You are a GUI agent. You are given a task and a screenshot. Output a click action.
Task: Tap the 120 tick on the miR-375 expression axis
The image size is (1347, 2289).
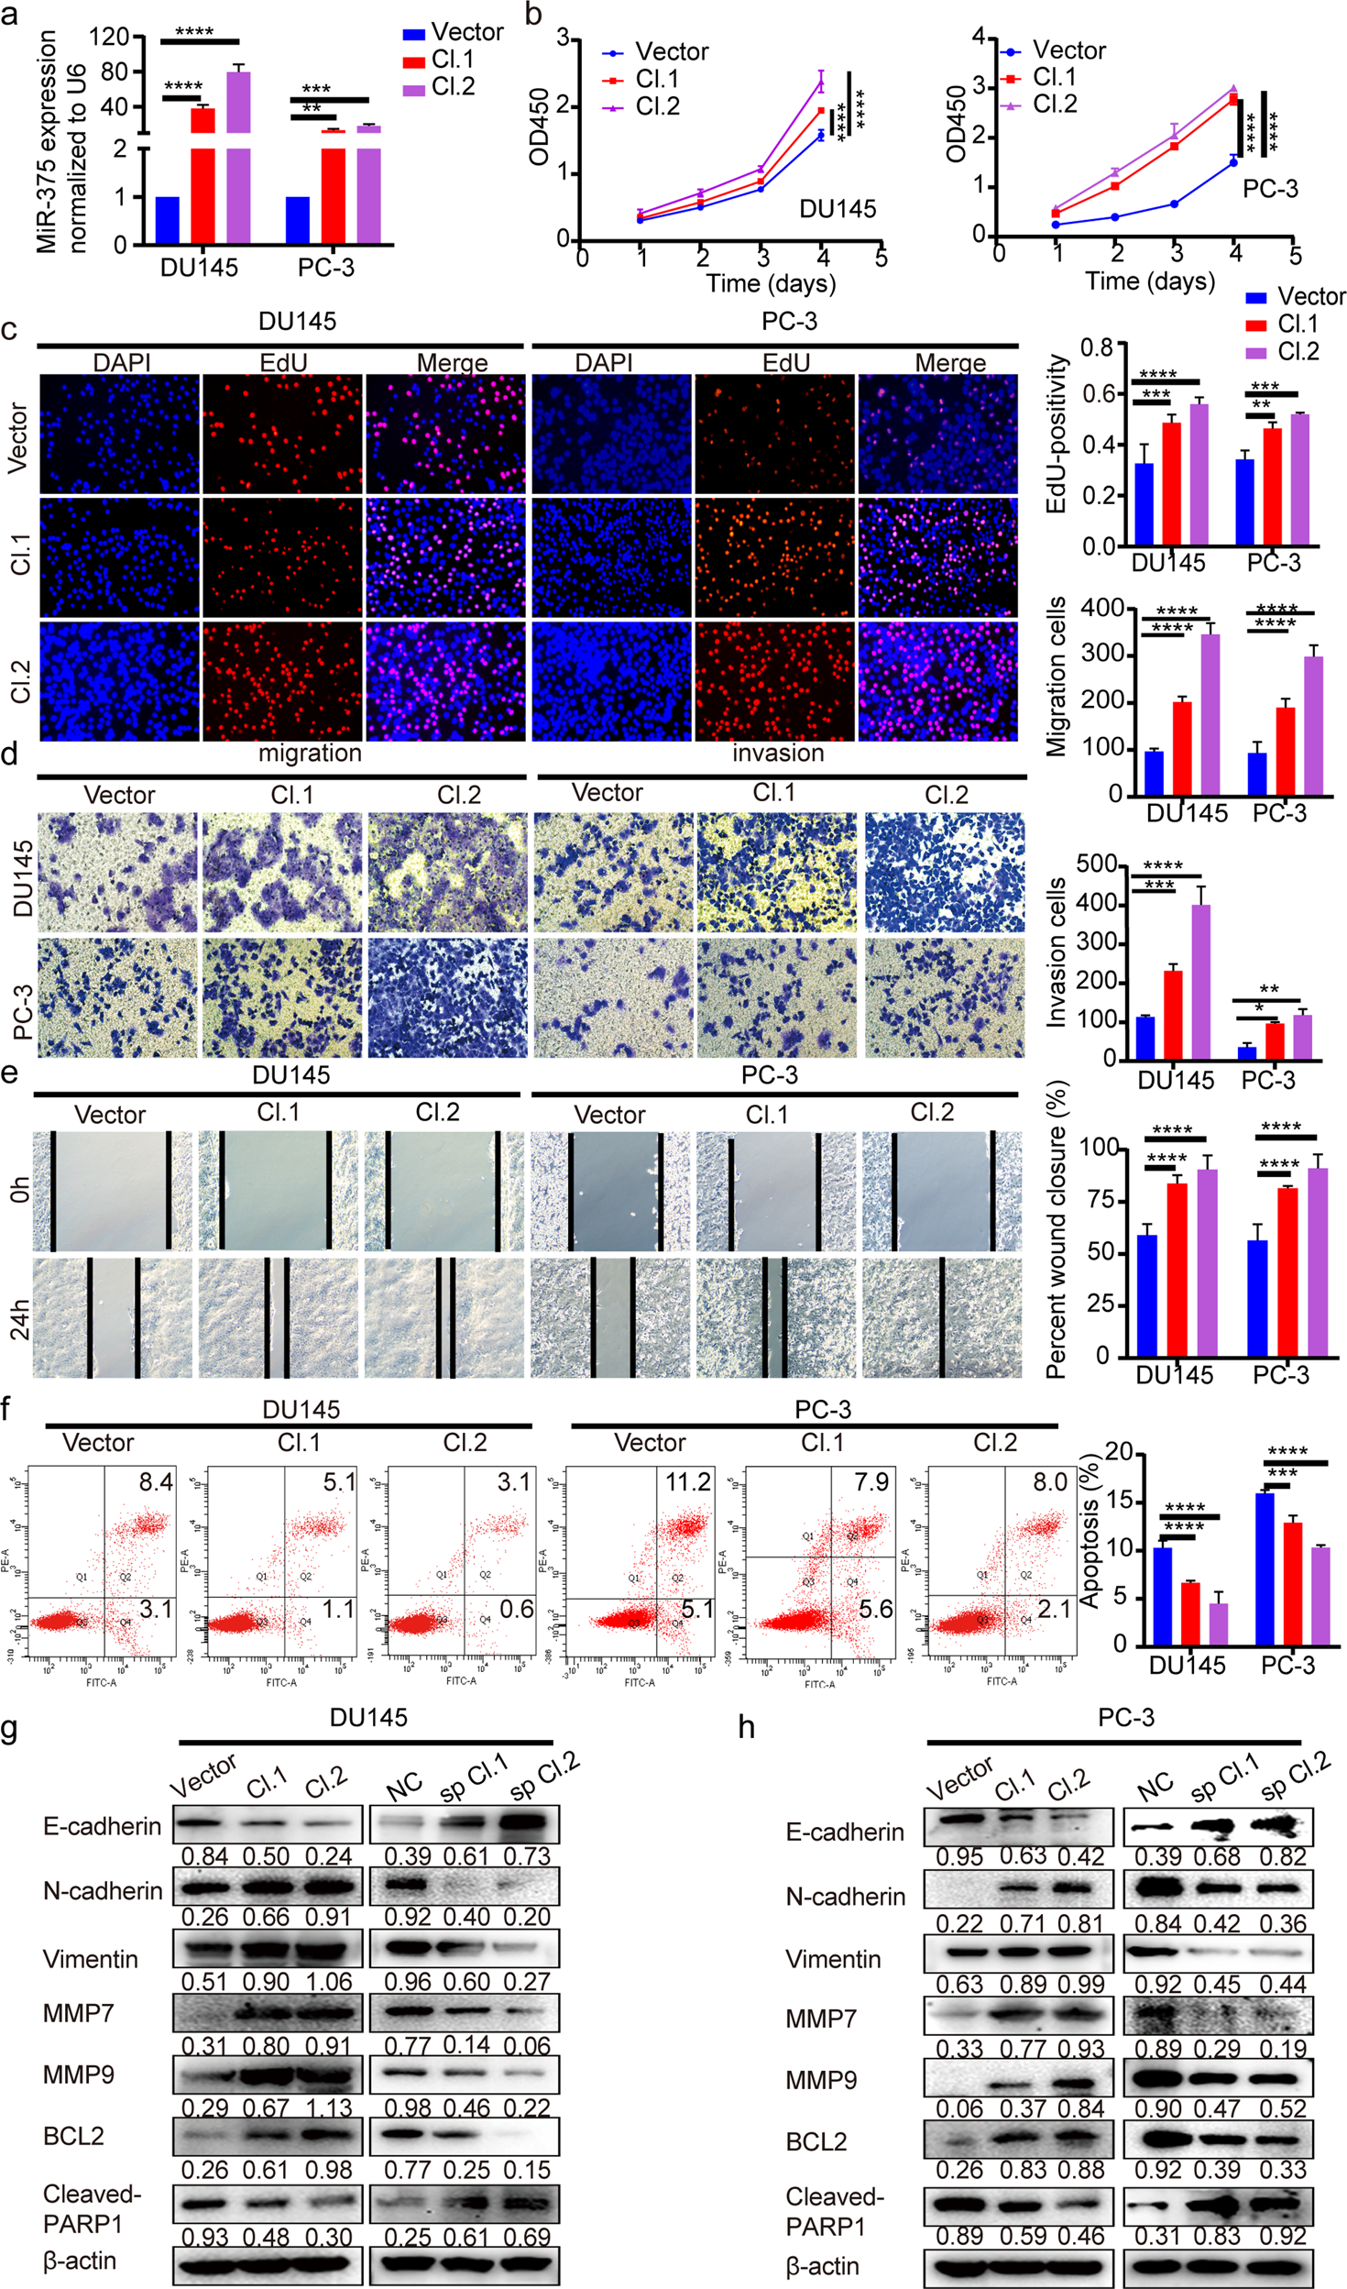click(109, 37)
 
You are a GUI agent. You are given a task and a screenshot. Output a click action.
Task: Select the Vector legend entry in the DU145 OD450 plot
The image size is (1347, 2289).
click(671, 52)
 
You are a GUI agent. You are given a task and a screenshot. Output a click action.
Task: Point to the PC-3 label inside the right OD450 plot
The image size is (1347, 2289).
click(1270, 189)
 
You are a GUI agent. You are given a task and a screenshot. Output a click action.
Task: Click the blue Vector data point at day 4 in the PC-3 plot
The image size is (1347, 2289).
click(1233, 162)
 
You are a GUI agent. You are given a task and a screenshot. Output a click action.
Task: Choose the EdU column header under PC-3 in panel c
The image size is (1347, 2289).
click(785, 363)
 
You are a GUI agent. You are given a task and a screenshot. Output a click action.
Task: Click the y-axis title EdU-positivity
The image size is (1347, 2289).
click(1057, 434)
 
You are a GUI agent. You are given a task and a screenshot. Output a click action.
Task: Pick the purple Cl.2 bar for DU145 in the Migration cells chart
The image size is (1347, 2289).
click(1210, 714)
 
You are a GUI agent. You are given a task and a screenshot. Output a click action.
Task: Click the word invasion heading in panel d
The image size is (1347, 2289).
click(778, 753)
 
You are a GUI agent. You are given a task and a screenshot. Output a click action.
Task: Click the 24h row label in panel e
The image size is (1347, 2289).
click(19, 1319)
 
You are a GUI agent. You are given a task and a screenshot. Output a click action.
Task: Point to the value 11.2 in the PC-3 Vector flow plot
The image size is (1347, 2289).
click(687, 1481)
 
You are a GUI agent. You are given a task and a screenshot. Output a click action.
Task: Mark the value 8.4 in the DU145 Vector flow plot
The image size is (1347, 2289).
click(156, 1481)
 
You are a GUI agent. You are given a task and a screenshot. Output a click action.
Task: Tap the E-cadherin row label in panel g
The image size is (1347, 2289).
click(102, 1826)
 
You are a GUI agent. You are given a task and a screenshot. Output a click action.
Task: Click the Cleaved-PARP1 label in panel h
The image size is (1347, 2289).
click(834, 2211)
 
